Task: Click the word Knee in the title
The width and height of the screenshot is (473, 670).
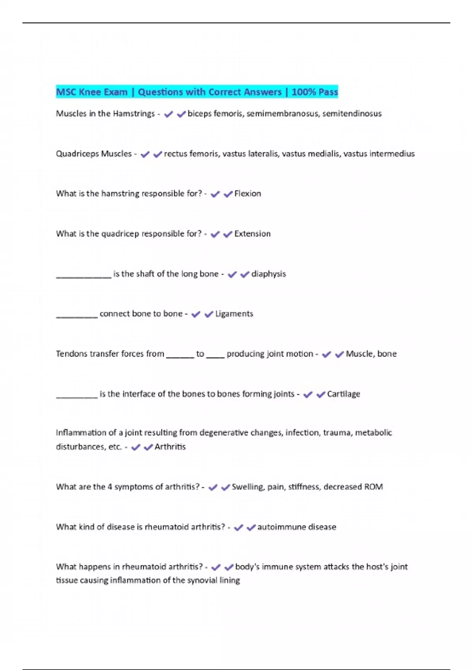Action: (90, 92)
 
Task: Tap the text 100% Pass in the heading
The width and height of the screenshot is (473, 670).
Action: (315, 92)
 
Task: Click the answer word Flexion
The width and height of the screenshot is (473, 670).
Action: (248, 194)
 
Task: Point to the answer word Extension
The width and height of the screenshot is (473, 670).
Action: (252, 234)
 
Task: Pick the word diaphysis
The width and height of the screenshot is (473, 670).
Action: (268, 274)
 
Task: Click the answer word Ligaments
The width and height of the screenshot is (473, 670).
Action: (234, 314)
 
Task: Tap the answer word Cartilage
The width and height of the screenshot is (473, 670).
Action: (343, 394)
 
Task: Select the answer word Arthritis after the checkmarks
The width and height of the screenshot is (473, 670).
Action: (170, 447)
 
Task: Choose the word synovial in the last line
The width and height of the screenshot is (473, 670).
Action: (202, 580)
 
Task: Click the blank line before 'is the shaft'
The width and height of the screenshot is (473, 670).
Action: (84, 277)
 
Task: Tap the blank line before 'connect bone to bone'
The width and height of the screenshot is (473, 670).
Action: (77, 316)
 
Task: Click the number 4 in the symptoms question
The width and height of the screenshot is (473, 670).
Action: (110, 487)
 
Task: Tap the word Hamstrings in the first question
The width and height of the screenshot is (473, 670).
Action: (134, 114)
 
